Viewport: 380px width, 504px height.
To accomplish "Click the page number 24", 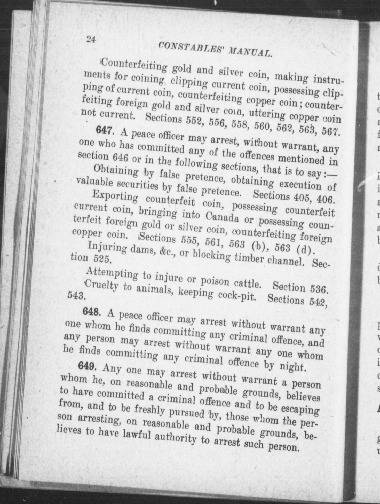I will (x=91, y=39).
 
